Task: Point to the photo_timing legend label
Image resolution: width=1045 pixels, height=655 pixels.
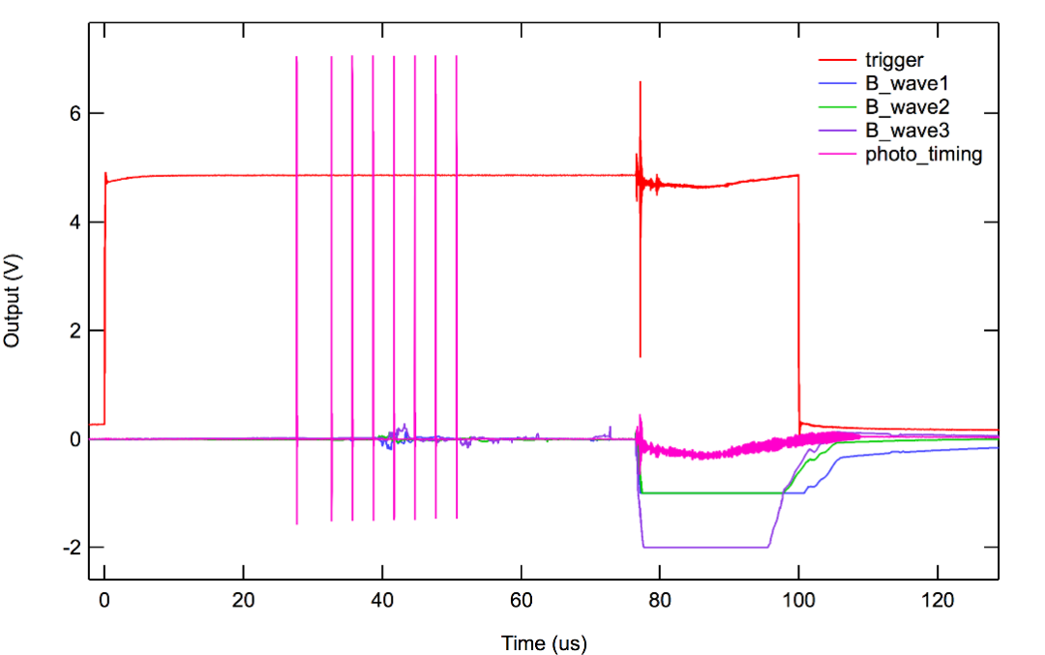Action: (923, 154)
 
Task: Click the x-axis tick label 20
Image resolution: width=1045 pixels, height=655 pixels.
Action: (244, 600)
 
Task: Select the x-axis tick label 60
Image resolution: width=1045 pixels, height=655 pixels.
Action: (522, 600)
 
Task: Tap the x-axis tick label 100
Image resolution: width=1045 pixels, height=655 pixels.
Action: (798, 600)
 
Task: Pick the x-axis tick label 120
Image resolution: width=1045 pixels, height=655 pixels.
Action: (937, 600)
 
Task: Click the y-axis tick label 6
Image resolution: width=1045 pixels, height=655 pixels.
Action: (71, 114)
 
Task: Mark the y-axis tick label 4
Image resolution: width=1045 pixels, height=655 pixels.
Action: (71, 223)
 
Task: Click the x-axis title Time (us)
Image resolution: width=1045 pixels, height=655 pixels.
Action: (544, 642)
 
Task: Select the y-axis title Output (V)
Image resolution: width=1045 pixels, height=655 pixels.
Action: (13, 300)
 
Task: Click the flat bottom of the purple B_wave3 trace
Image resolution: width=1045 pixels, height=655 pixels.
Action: (706, 547)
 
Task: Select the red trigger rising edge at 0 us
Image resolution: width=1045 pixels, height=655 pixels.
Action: (104, 300)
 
